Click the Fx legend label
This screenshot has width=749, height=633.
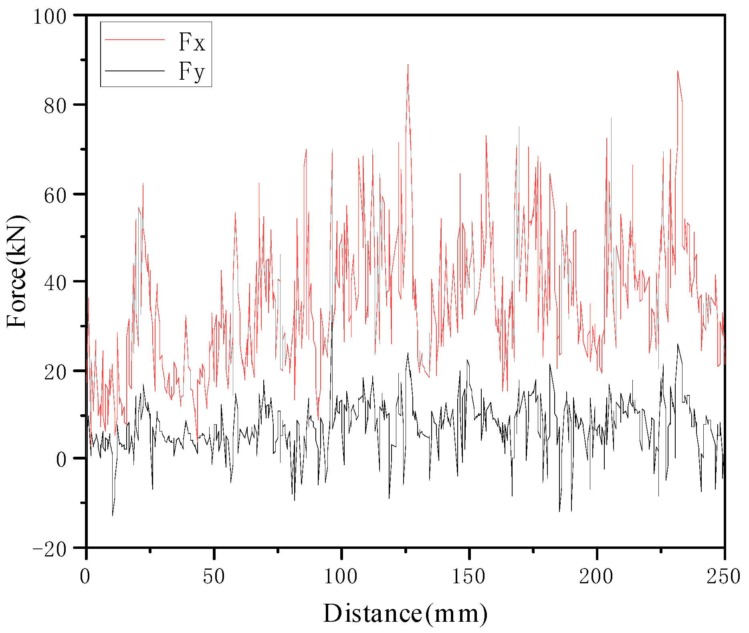coord(192,42)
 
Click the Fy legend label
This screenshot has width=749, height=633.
coord(192,72)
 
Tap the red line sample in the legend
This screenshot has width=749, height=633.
coord(135,39)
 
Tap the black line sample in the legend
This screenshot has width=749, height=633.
coord(135,71)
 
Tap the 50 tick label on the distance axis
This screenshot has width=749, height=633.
coord(214,577)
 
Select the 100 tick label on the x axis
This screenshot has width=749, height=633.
coord(341,577)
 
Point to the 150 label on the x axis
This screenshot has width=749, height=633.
coord(468,577)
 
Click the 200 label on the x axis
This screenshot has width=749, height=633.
coord(596,577)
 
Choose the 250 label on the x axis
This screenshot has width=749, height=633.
coord(723,577)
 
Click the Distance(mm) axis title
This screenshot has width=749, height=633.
coord(405,613)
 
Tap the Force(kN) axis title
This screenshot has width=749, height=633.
coord(17,271)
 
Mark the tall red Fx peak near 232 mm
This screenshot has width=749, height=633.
coord(678,71)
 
